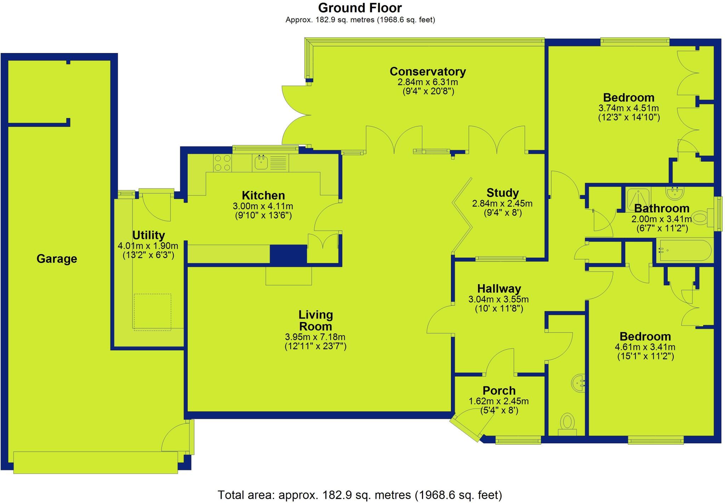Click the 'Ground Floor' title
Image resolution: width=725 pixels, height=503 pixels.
click(x=360, y=8)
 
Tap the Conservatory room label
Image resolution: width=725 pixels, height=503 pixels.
click(x=427, y=71)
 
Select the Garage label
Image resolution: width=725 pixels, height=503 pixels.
click(x=57, y=259)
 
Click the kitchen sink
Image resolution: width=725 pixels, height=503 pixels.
click(x=261, y=163)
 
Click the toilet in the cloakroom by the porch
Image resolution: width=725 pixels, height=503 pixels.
click(x=567, y=423)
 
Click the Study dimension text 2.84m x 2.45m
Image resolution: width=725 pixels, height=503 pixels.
click(x=502, y=204)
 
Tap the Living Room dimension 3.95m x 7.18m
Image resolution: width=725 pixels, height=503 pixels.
click(x=315, y=337)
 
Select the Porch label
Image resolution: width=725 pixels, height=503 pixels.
click(x=499, y=391)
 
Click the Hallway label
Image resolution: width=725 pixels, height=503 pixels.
click(x=499, y=289)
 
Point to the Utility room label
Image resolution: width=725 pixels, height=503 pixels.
click(x=148, y=235)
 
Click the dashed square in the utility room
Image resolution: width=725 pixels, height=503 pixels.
click(x=152, y=312)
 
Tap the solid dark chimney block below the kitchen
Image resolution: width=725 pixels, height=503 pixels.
click(x=288, y=254)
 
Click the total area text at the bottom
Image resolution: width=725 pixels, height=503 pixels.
click(x=360, y=495)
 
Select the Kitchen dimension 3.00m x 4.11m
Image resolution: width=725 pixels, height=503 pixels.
click(x=263, y=206)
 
